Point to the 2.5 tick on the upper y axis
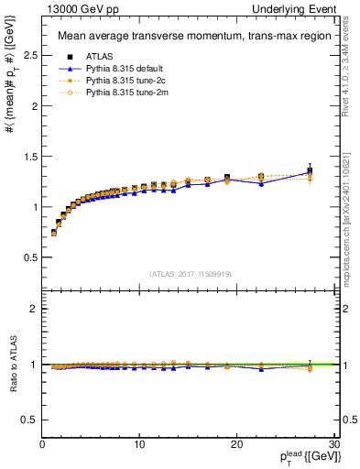(x=29, y=56)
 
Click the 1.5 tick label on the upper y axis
(x=29, y=157)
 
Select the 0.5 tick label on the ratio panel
(x=29, y=420)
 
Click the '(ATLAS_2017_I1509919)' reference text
(x=189, y=274)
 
